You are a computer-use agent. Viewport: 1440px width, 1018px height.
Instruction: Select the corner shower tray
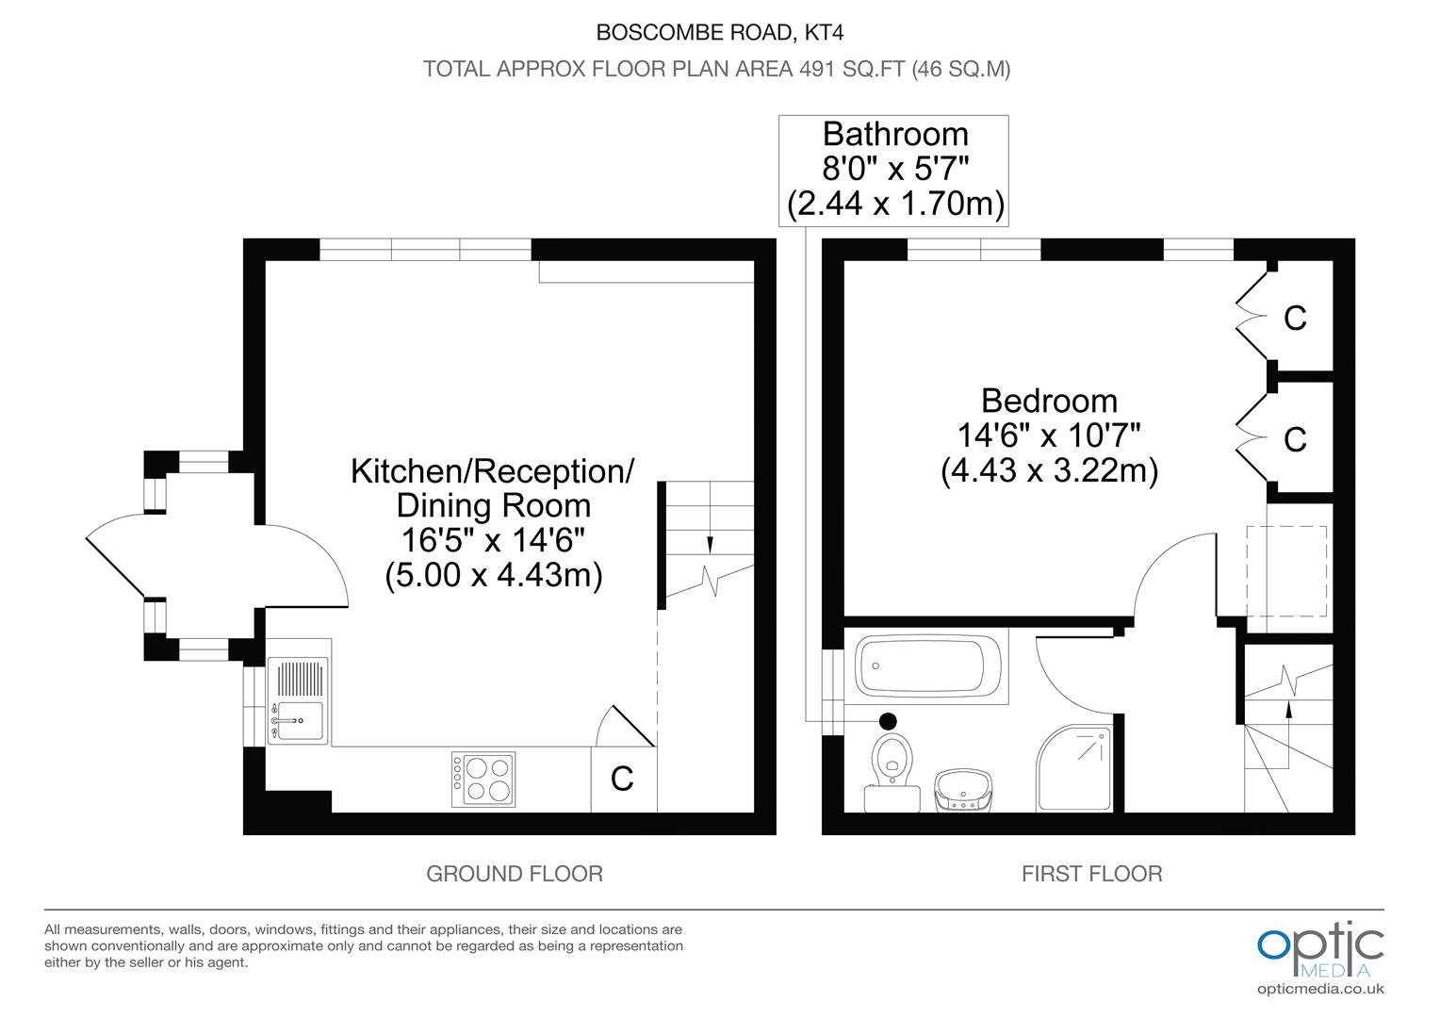[1073, 768]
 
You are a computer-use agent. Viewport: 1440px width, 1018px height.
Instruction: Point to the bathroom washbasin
[963, 790]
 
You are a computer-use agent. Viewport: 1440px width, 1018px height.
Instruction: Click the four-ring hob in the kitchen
[483, 779]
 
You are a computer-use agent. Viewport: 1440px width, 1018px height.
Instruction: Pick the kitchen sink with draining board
[299, 700]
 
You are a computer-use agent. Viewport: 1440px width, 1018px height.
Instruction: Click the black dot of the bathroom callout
[888, 721]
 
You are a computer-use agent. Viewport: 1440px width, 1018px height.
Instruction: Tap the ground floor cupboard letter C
[622, 779]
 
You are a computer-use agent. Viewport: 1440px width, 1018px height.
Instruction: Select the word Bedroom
[1049, 401]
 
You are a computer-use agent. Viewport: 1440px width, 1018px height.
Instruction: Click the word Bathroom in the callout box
[895, 135]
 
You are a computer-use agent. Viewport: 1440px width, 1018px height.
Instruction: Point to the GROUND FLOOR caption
[515, 874]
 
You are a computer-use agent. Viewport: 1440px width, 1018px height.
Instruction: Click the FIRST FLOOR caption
[1091, 874]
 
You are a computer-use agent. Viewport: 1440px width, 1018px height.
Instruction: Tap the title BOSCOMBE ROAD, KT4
[719, 32]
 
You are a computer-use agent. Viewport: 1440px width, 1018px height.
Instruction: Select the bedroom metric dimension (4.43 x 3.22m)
[1049, 470]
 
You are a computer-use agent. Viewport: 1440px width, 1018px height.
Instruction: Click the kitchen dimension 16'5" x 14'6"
[493, 539]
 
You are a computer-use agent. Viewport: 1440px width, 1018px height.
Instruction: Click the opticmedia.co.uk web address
[1320, 989]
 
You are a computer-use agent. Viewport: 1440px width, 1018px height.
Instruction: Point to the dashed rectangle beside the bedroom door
[1286, 571]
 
